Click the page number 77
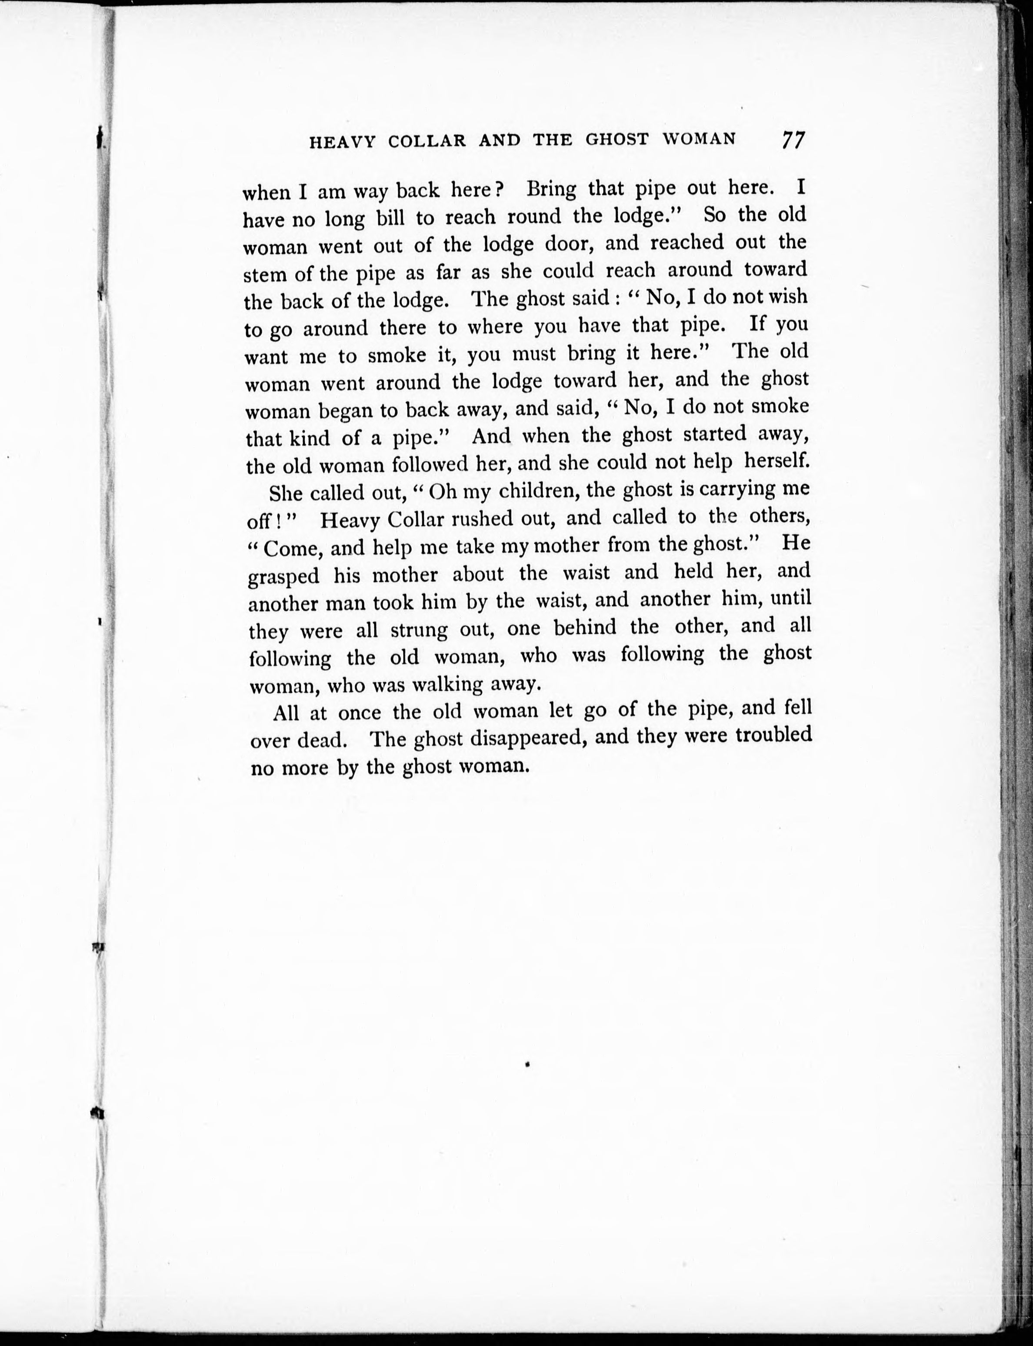(793, 140)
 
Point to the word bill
(393, 218)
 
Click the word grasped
(283, 577)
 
